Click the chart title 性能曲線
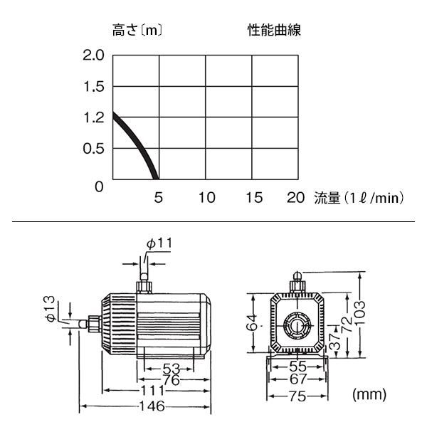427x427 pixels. (x=274, y=30)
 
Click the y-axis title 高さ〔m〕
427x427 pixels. (x=137, y=30)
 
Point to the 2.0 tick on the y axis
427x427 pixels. (x=93, y=56)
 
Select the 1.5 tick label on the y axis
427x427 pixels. (x=94, y=87)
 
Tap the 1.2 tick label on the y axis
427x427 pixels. (x=94, y=117)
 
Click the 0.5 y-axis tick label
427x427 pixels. (x=93, y=149)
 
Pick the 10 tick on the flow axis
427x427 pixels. (x=207, y=197)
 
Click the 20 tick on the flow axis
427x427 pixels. (x=295, y=197)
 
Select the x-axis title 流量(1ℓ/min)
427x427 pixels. (x=359, y=198)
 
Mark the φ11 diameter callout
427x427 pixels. (x=159, y=243)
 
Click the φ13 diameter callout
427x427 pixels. (x=51, y=309)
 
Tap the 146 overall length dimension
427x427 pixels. (x=152, y=406)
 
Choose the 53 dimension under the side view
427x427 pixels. (x=172, y=369)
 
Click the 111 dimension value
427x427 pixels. (x=153, y=391)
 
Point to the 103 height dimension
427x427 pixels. (x=359, y=312)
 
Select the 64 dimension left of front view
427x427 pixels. (x=252, y=322)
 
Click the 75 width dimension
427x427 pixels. (x=297, y=396)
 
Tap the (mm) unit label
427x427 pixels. (x=369, y=394)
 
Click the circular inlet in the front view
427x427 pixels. (x=297, y=325)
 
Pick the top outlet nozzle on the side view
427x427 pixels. (x=144, y=284)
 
